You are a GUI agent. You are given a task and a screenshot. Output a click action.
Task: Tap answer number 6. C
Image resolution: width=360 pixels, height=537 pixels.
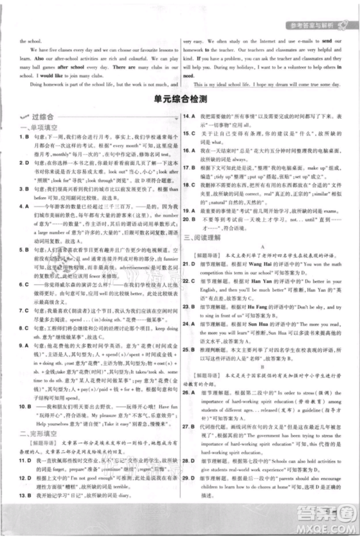(24, 284)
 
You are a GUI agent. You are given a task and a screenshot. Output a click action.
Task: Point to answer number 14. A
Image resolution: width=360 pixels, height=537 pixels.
(189, 115)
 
